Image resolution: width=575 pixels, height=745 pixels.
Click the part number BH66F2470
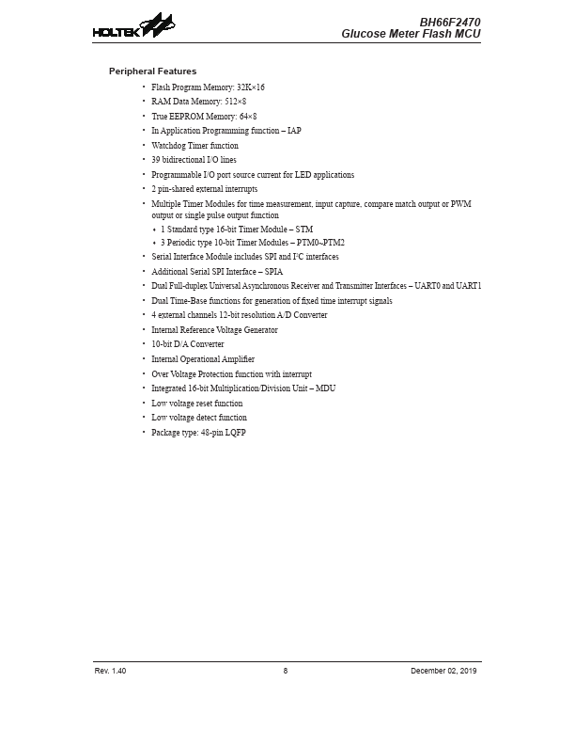(451, 21)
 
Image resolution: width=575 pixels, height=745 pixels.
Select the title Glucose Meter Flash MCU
(412, 34)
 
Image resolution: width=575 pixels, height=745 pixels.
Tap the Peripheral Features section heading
(152, 71)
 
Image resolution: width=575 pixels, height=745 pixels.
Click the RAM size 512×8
(235, 101)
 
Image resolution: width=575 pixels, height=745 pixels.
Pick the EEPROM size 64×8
(244, 116)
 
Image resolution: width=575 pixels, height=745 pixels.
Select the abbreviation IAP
(294, 131)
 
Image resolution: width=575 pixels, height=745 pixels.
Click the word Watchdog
(168, 146)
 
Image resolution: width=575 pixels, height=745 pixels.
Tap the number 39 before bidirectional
(156, 160)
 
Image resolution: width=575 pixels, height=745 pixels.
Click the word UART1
(469, 285)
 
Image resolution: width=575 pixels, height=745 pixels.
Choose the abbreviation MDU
(326, 388)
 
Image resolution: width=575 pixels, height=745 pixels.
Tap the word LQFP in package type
(235, 433)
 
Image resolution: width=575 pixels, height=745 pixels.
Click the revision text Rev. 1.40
(110, 671)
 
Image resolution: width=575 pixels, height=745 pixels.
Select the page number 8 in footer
(286, 671)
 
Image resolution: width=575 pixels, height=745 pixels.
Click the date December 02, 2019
(445, 671)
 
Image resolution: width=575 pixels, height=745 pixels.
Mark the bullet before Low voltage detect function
(144, 418)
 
